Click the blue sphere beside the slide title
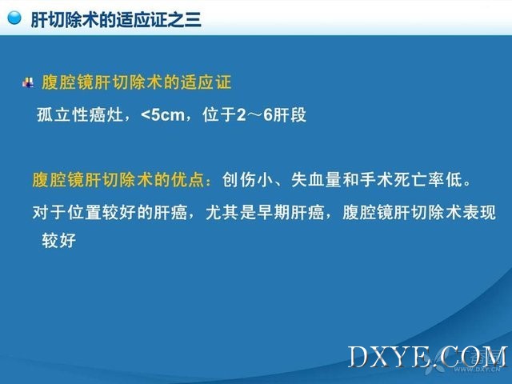coord(14,18)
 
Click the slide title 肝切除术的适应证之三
coord(116,19)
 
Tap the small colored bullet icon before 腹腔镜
coord(28,82)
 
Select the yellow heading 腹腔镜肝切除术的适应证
coord(137,82)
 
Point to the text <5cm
coord(162,115)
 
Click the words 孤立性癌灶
coord(80,115)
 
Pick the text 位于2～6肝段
coord(254,115)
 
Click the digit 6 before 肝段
coord(268,115)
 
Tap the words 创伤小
coord(248,179)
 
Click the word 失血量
coord(316,179)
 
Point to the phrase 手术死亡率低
coord(410,179)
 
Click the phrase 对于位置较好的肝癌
coord(110,213)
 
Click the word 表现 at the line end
coord(479,213)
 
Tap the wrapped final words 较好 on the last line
coord(58,241)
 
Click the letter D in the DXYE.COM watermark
coord(358,357)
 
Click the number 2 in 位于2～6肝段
coord(242,115)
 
